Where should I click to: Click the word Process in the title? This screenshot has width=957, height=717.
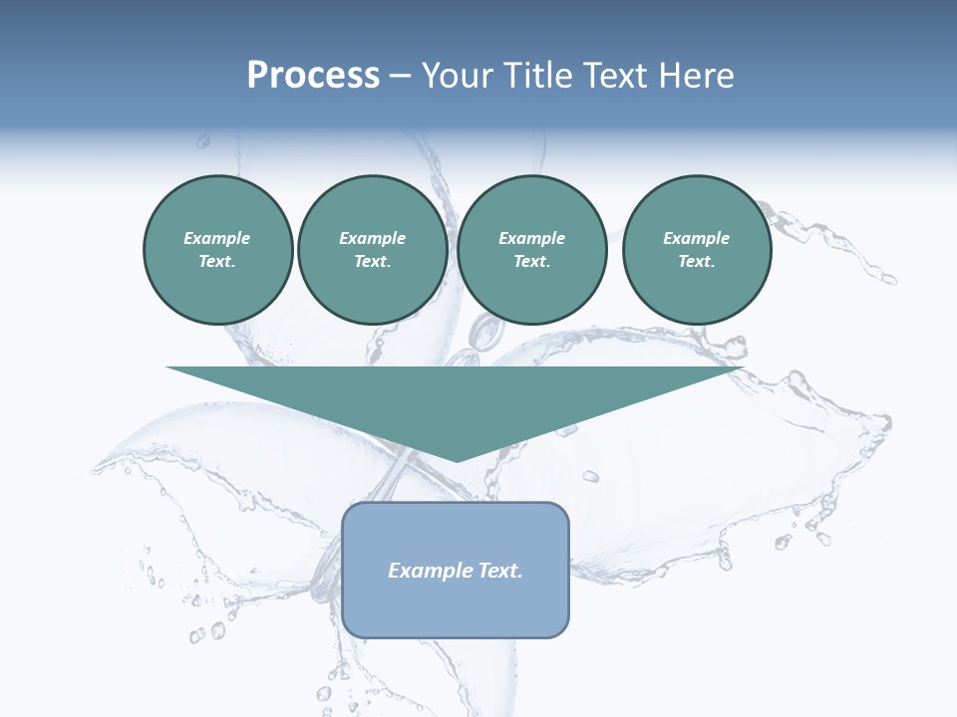[x=313, y=76]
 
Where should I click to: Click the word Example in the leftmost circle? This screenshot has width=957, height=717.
[x=217, y=238]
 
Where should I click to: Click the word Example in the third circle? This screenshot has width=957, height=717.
[x=531, y=238]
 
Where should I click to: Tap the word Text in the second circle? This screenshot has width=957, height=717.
[x=371, y=261]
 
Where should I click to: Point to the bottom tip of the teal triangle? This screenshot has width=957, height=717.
[x=456, y=460]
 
